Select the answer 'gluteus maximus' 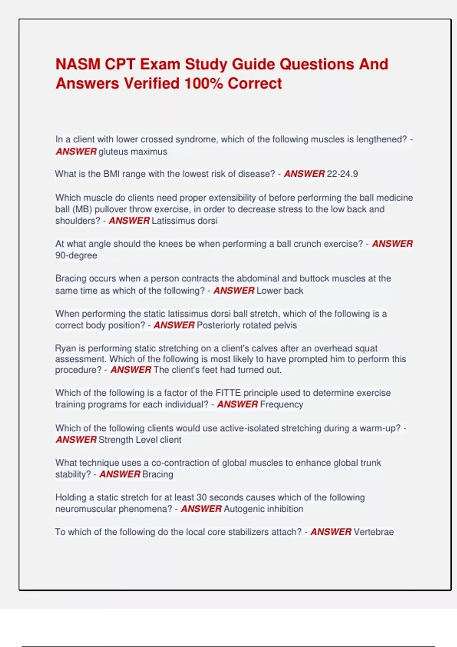(x=133, y=151)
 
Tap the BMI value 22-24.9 (x=342, y=174)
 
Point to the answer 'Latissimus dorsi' (x=184, y=221)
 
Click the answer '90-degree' (x=76, y=255)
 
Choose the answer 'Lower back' (x=280, y=291)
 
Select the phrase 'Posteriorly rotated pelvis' (x=246, y=325)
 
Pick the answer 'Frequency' (x=281, y=405)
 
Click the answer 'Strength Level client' (x=140, y=440)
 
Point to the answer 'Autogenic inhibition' (x=264, y=509)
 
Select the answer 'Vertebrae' (x=373, y=532)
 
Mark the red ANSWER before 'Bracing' (x=120, y=474)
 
